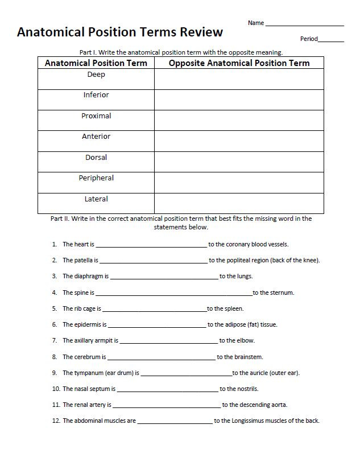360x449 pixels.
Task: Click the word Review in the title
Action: (x=199, y=32)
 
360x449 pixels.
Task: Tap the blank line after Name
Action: (x=304, y=24)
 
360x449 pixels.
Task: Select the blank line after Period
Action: (x=331, y=40)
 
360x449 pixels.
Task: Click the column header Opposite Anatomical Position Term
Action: (x=239, y=63)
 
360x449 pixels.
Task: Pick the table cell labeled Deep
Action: (x=96, y=75)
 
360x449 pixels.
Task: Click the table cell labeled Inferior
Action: (x=96, y=95)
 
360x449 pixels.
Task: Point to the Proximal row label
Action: (x=96, y=116)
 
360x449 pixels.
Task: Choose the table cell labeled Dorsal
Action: (x=96, y=158)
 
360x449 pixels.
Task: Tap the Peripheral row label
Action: (x=96, y=178)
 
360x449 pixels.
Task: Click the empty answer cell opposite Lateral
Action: (x=239, y=203)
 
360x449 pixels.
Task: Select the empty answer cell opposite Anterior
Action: (x=239, y=141)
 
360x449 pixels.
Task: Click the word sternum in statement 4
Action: (x=283, y=293)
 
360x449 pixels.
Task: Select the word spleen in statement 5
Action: (x=234, y=309)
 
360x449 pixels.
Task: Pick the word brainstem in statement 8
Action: (x=249, y=357)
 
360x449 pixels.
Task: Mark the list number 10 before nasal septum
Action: (x=56, y=389)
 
